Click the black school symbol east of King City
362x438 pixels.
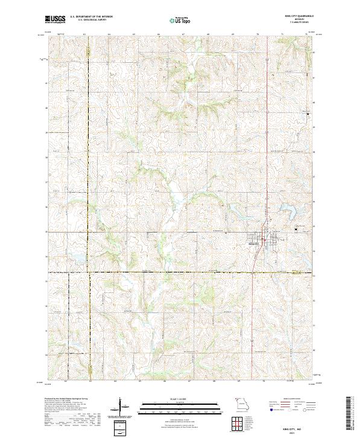point(296,229)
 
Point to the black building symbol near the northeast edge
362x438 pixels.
point(309,114)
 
